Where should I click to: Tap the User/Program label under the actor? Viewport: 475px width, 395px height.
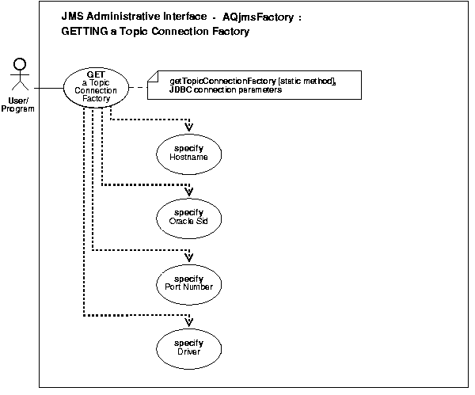click(x=18, y=104)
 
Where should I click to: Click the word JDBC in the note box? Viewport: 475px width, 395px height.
click(x=181, y=90)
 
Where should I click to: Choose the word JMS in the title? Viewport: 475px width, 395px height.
click(x=71, y=16)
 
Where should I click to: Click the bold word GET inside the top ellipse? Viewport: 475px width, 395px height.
click(x=96, y=74)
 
